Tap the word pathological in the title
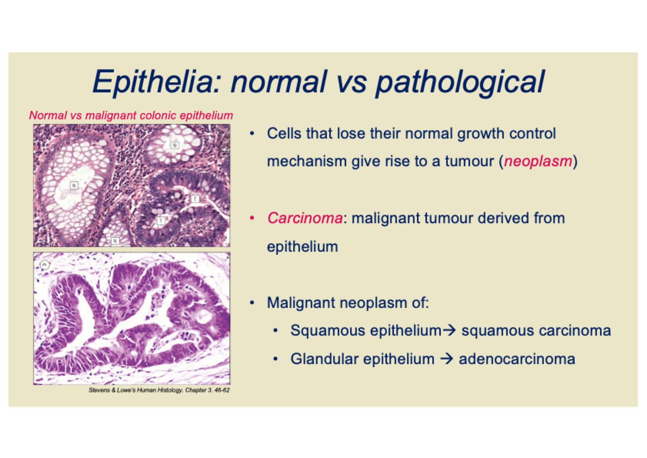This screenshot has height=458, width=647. [460, 83]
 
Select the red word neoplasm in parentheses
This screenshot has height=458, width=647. [538, 161]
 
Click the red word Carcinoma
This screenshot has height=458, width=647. [305, 218]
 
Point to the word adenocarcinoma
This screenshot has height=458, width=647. [517, 359]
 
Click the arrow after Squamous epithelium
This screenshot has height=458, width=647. [449, 330]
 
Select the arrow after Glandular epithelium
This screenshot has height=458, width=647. [447, 359]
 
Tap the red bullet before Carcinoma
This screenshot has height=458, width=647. [252, 219]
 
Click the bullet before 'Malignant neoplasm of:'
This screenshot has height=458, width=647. [252, 303]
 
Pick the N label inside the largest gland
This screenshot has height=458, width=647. [74, 185]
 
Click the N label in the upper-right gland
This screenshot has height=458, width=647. [175, 145]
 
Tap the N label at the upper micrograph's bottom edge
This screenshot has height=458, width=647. [115, 241]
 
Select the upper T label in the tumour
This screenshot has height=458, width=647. [195, 199]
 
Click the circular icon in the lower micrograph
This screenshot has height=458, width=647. [45, 265]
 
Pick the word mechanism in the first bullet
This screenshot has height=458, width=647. [307, 161]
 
